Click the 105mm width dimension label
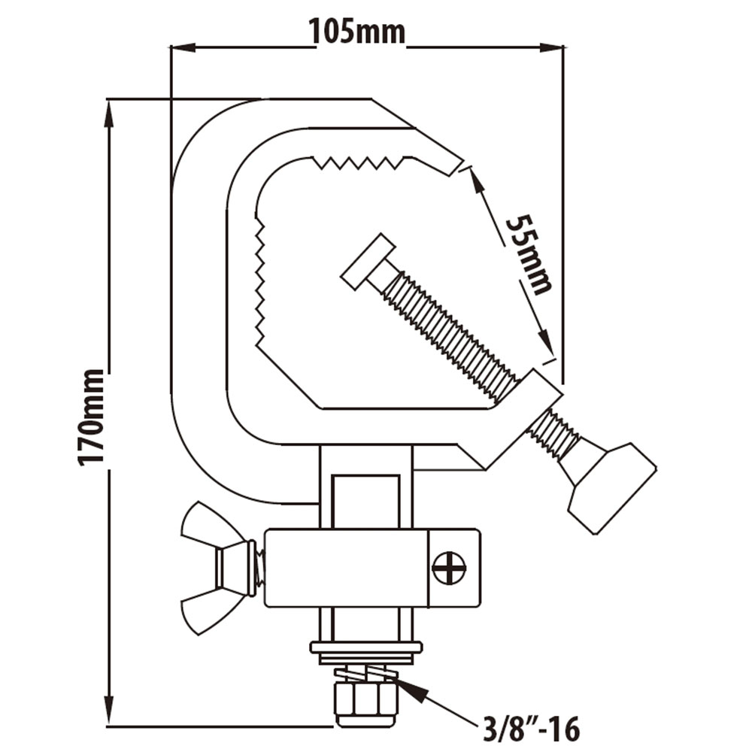click(x=356, y=32)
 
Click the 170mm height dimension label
click(x=92, y=417)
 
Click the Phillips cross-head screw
click(x=449, y=568)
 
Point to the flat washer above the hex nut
click(x=366, y=648)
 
